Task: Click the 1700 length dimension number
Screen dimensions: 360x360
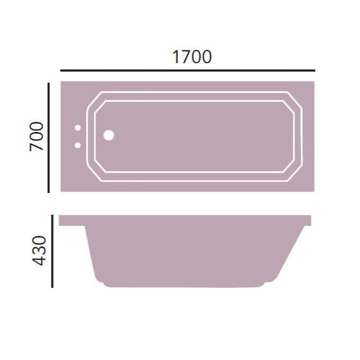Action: (192, 57)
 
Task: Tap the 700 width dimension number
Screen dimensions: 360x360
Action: (36, 136)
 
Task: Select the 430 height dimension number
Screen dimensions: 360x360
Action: (40, 251)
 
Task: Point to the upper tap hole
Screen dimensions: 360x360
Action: (77, 128)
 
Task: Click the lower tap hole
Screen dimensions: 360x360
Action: (77, 145)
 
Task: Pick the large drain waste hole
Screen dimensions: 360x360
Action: (109, 135)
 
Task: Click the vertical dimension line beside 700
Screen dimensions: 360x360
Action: (49, 137)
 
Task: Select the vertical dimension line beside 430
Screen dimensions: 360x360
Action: (52, 251)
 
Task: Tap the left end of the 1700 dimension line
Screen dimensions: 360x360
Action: (62, 70)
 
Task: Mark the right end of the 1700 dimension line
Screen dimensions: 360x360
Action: (314, 70)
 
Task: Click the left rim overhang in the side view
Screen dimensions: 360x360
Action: (72, 221)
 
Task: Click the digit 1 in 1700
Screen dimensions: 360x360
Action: (175, 57)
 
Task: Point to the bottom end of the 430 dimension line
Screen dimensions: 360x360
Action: (52, 286)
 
